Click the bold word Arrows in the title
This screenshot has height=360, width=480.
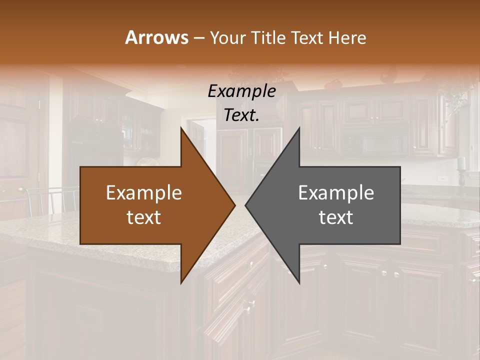156,37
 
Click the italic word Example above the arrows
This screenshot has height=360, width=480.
241,91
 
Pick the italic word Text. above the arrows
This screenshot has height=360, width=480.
241,115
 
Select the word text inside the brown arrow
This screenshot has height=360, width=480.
144,217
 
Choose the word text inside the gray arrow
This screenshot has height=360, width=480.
336,217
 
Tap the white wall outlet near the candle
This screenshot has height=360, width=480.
441,178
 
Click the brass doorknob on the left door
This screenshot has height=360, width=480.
21,189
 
